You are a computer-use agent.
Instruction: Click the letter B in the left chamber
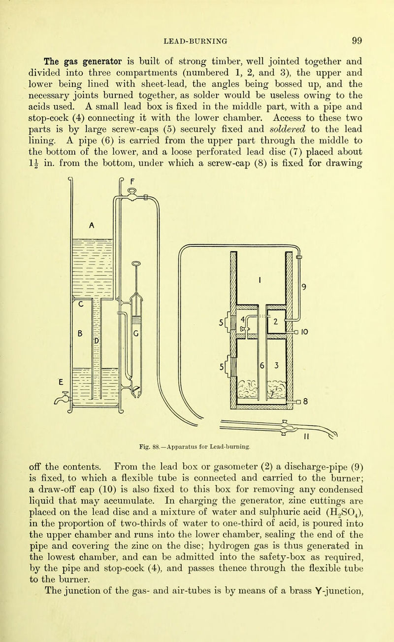[x=78, y=333]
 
